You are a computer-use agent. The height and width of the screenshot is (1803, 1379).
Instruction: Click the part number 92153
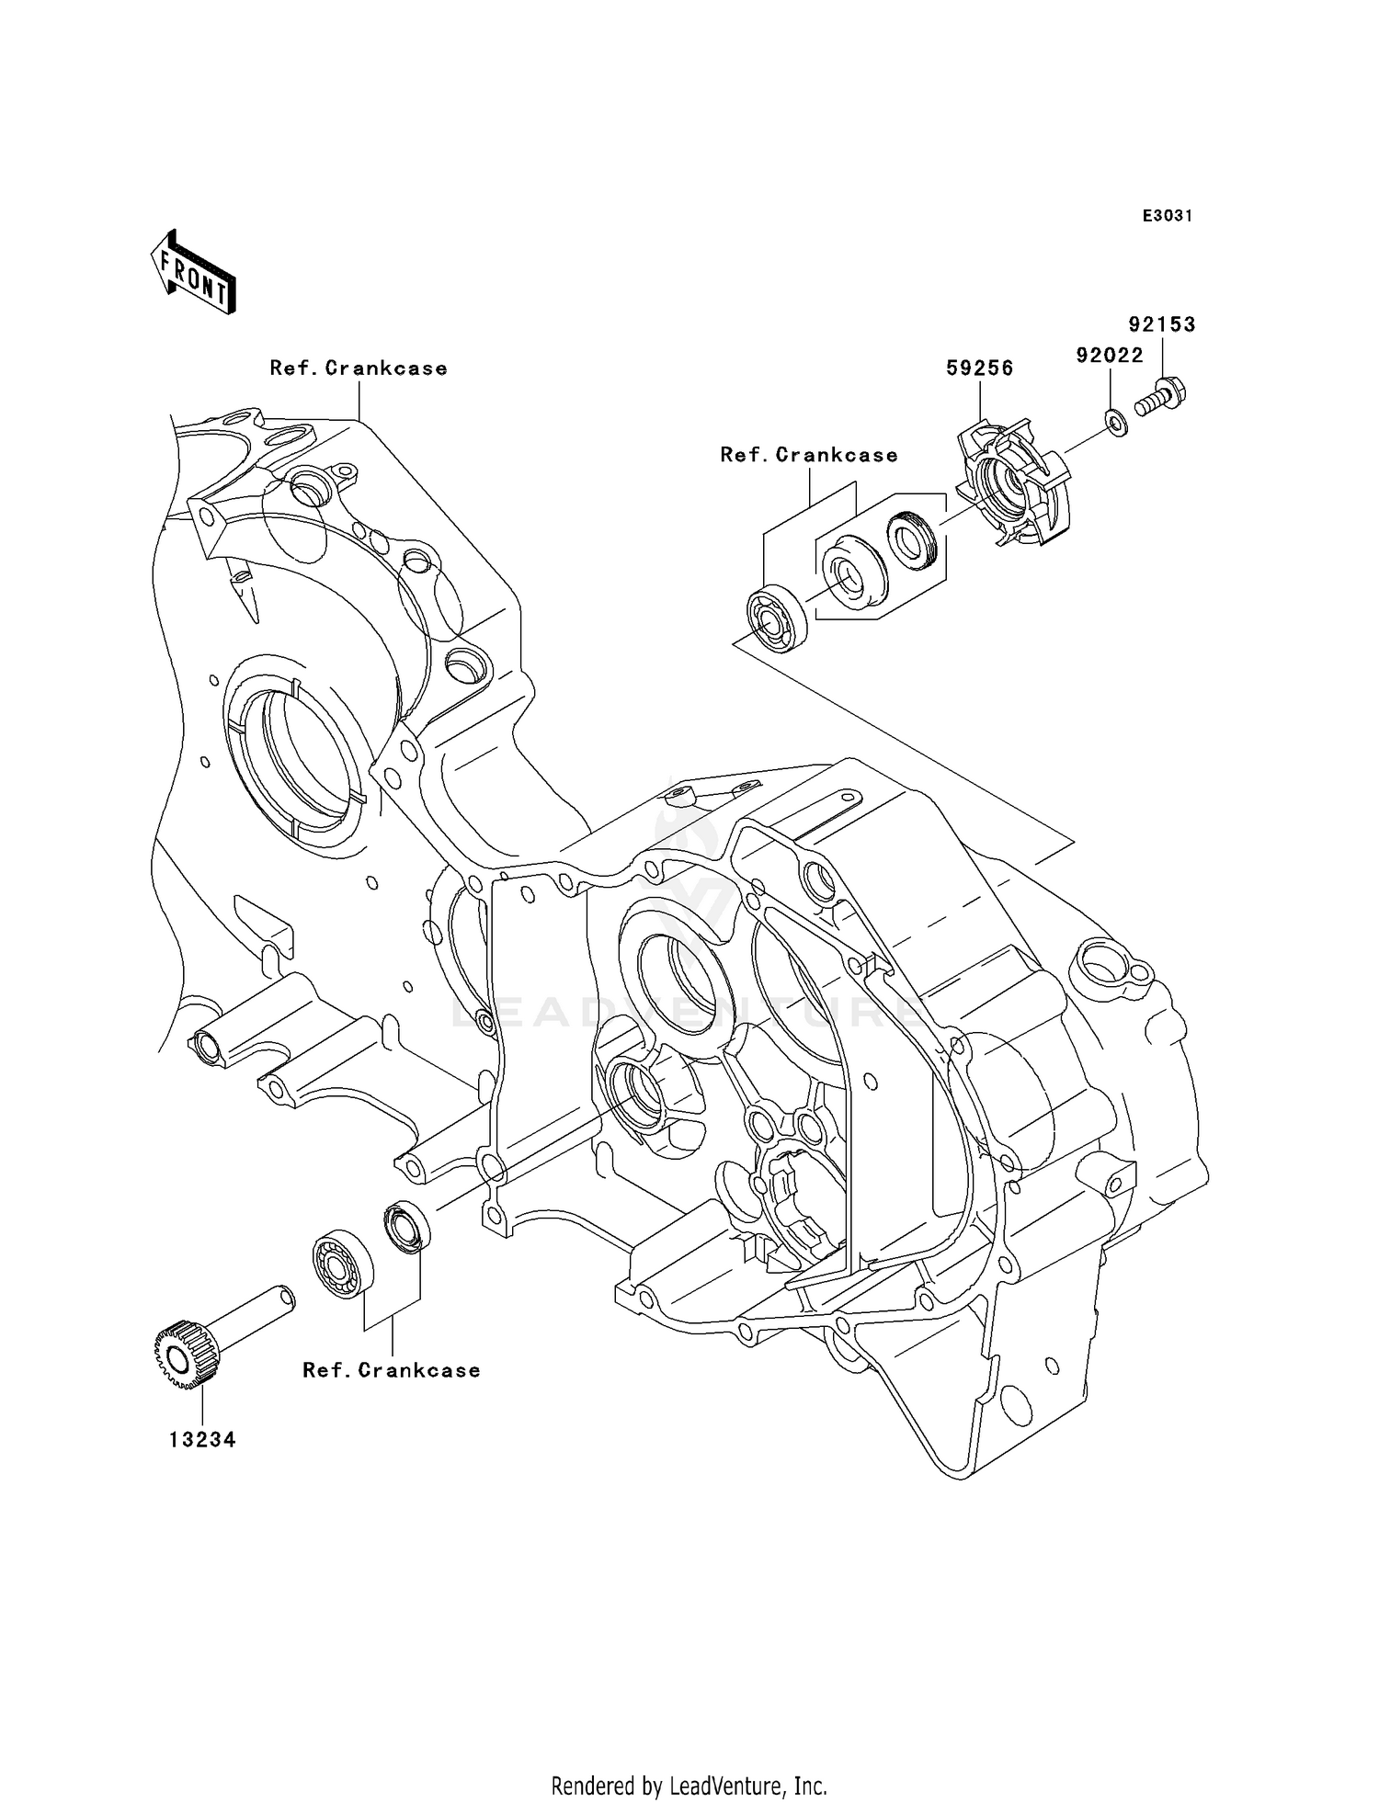point(1162,324)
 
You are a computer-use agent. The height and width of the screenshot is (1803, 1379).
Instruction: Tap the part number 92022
point(1110,356)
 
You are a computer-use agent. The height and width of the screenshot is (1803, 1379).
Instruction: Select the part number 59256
point(980,369)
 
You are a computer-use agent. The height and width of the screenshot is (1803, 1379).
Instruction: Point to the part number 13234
point(202,1440)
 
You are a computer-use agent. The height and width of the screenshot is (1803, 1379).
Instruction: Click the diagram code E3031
point(1168,216)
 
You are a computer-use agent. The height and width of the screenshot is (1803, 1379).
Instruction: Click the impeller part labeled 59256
point(1016,482)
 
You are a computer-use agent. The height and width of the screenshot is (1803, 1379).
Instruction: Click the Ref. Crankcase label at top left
point(359,369)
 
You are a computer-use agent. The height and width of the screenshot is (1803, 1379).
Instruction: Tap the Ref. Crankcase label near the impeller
point(809,456)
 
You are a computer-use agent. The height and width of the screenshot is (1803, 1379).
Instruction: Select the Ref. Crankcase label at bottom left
point(392,1370)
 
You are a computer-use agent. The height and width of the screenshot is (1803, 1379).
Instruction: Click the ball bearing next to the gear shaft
point(343,1263)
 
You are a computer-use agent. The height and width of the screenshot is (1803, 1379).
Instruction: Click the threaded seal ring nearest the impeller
point(910,542)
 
